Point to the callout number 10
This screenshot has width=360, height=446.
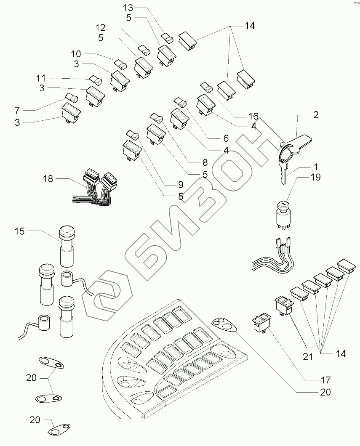76,54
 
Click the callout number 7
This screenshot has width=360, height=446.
17,110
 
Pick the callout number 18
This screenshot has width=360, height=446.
48,179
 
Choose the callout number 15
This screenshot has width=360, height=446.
20,231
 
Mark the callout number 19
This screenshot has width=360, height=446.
315,177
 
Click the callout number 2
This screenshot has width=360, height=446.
316,114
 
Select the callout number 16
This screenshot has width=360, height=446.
253,116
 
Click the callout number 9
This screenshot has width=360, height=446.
180,184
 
